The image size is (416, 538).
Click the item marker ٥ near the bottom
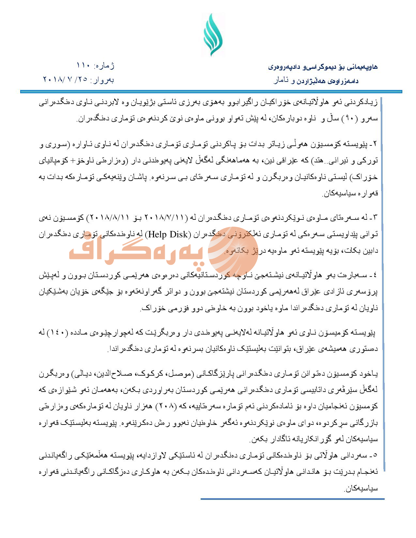[x=375, y=456]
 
